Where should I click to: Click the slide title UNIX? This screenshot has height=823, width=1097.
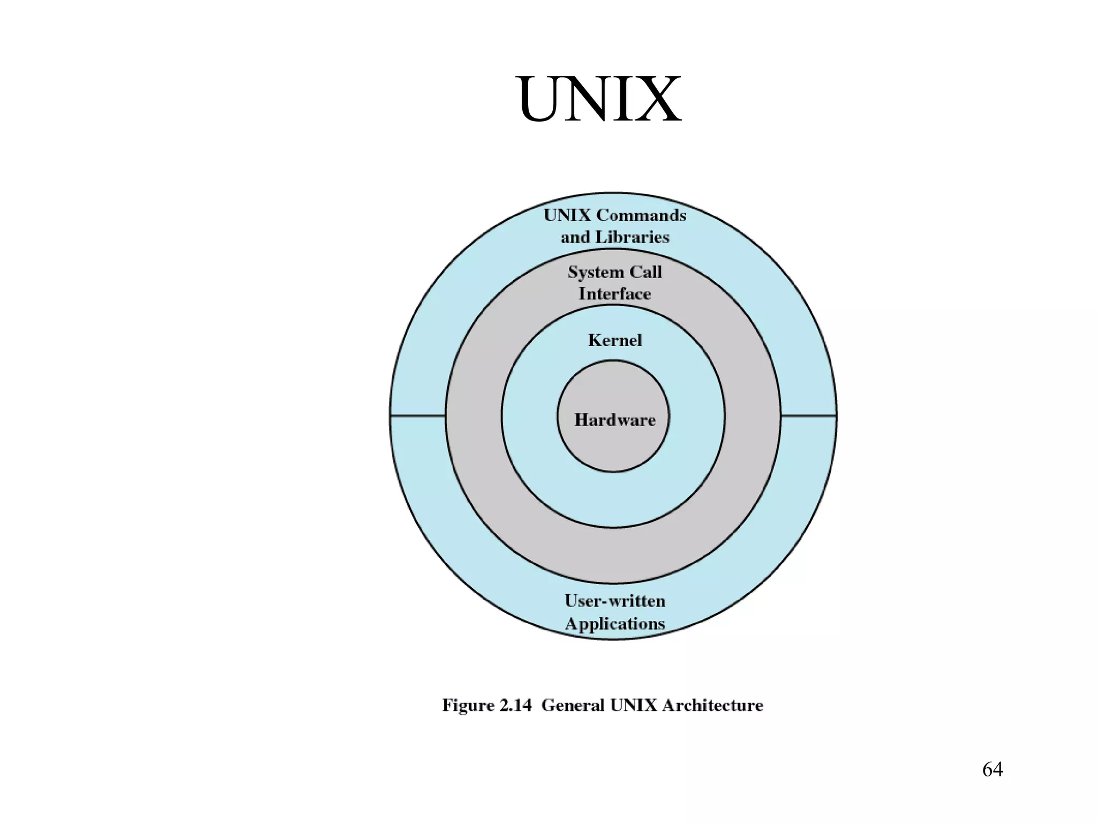click(x=598, y=100)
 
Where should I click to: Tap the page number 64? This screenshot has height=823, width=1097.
click(x=992, y=769)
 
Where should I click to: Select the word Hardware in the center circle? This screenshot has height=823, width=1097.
click(x=614, y=420)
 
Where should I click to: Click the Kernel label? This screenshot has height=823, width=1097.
click(x=614, y=340)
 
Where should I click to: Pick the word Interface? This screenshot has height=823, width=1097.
click(x=614, y=294)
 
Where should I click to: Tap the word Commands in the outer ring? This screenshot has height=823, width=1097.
click(x=641, y=215)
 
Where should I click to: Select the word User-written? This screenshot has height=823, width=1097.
click(x=614, y=601)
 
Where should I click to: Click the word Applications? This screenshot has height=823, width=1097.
click(x=614, y=624)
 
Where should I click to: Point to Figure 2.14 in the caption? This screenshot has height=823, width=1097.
click(x=486, y=705)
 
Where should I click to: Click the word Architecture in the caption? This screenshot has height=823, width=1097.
click(x=712, y=705)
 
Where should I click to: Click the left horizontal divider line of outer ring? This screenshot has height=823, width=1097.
click(x=418, y=415)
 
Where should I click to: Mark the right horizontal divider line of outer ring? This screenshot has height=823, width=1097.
click(x=808, y=415)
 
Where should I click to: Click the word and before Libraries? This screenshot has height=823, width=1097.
click(x=575, y=237)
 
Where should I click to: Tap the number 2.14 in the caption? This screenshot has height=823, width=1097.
click(x=515, y=705)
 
